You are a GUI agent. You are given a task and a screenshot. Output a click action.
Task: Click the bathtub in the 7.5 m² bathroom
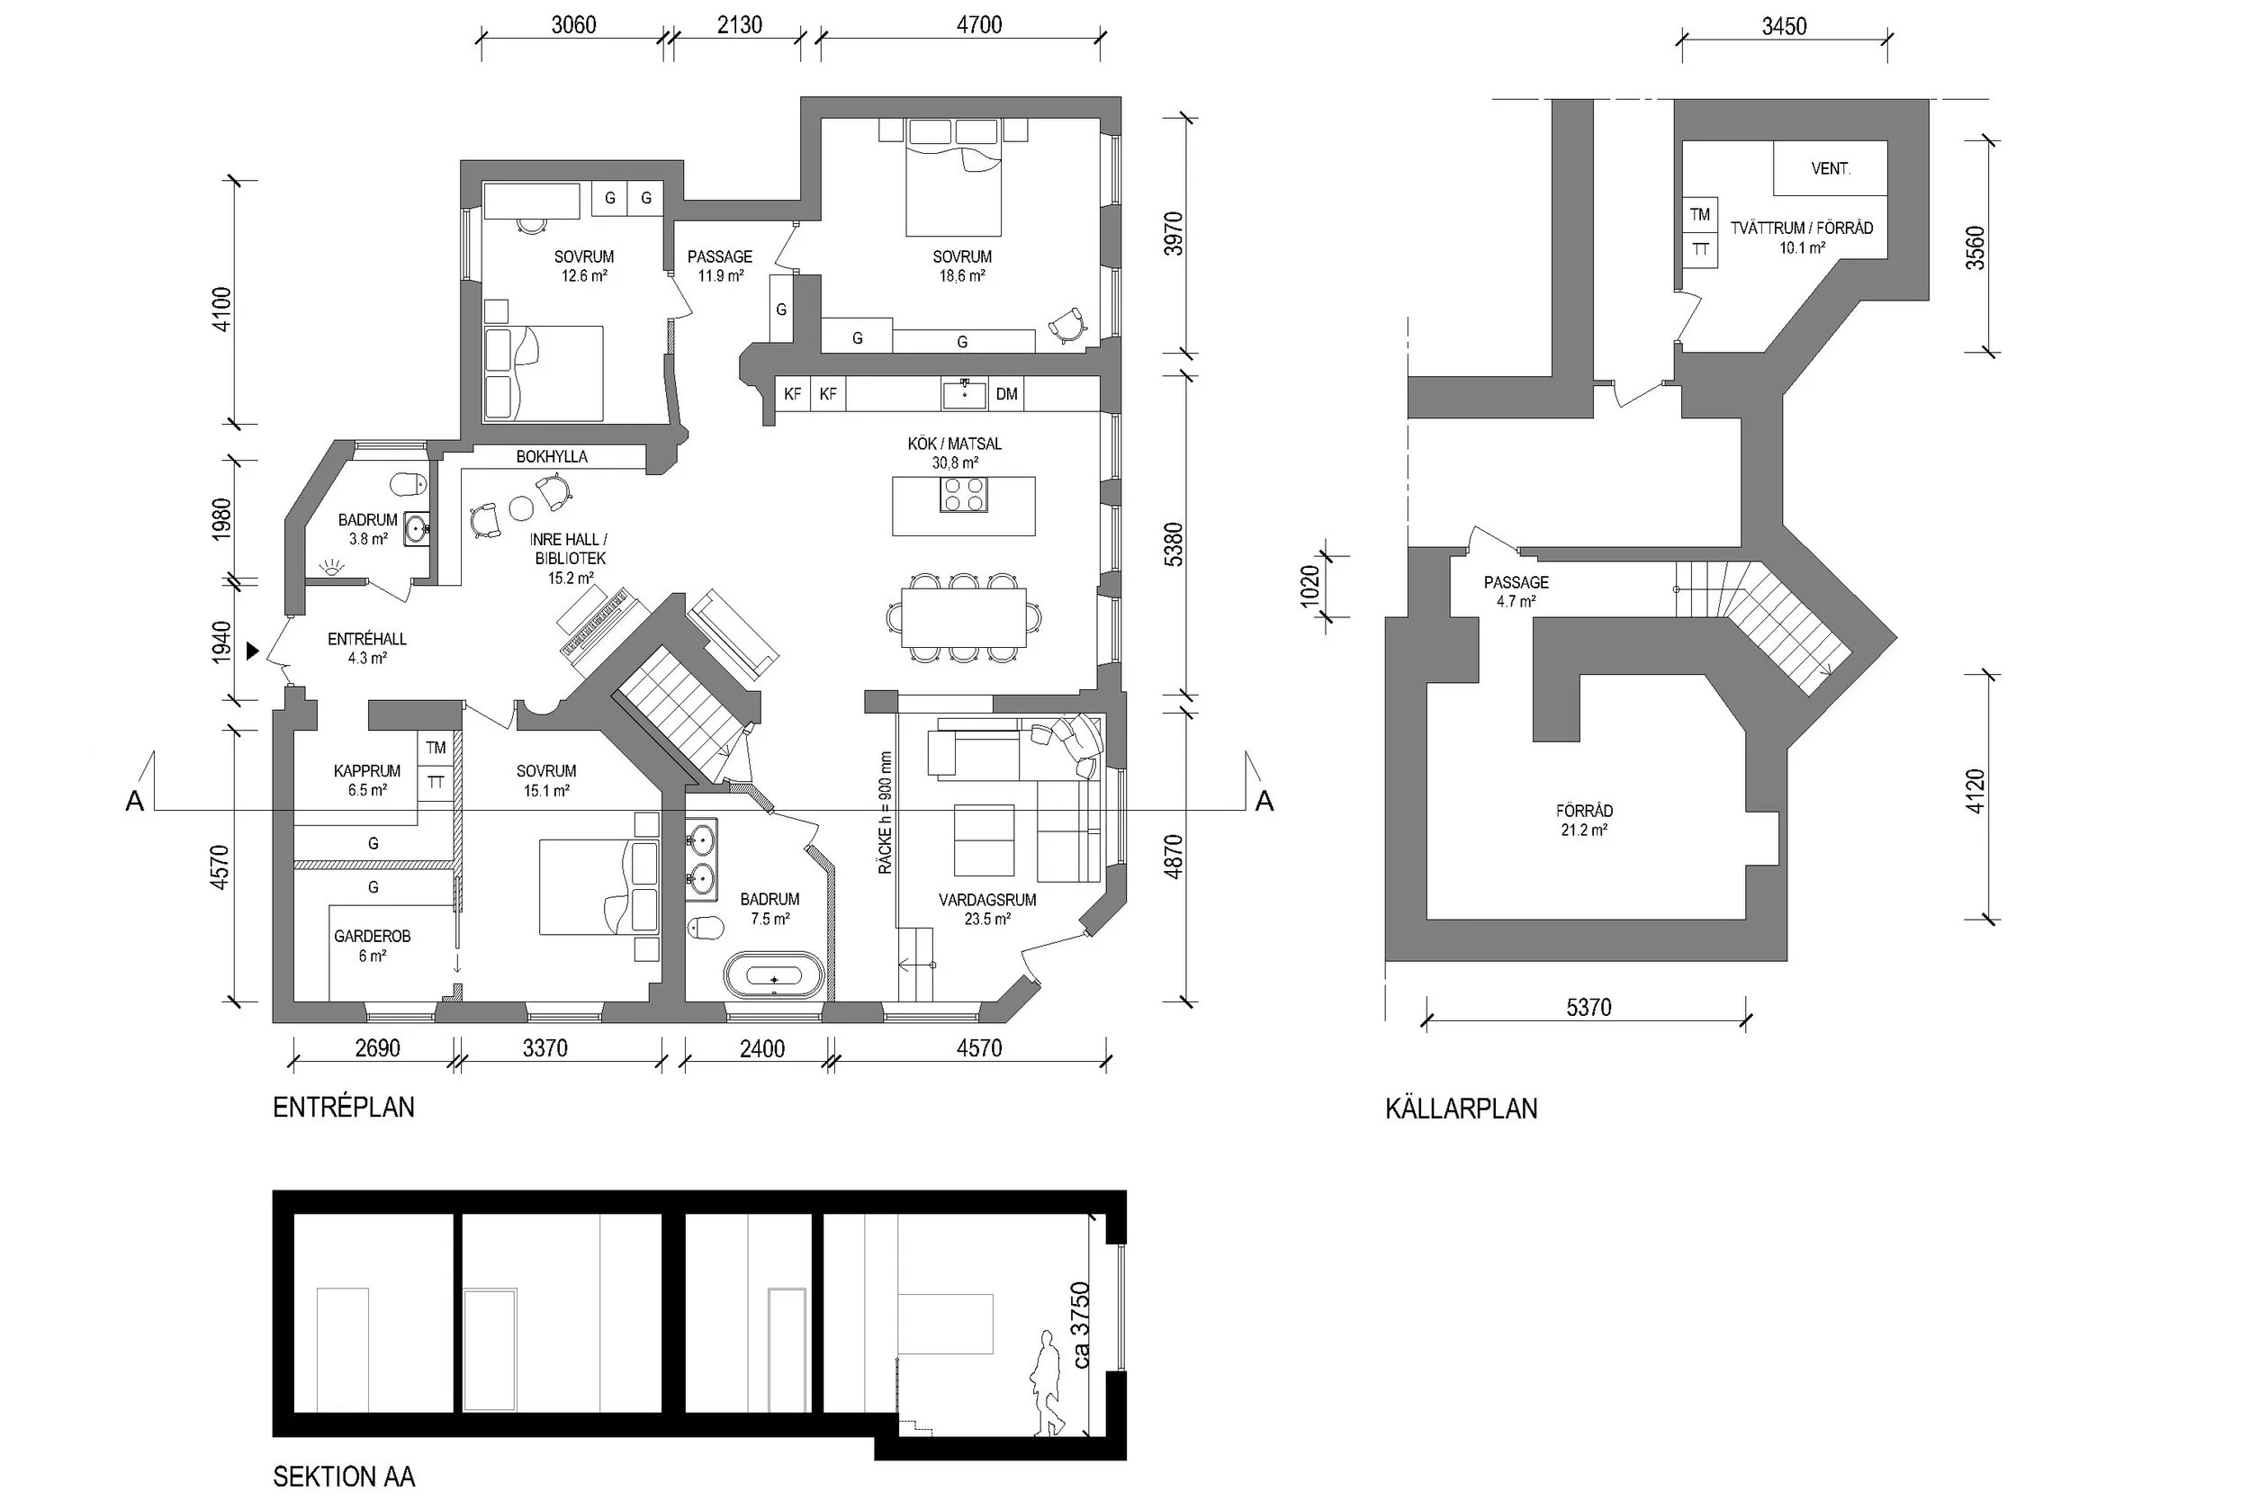[x=773, y=975]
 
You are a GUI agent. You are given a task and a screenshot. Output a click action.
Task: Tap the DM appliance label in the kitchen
[x=1006, y=394]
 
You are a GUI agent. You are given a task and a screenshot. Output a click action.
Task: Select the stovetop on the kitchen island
[x=963, y=495]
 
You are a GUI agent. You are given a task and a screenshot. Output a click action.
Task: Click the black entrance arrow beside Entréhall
[x=253, y=651]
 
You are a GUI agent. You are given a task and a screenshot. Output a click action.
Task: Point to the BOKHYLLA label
[x=552, y=457]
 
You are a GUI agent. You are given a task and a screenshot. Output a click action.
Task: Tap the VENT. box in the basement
[x=1830, y=168]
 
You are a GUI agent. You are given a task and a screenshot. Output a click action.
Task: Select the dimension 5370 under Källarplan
[x=1588, y=1007]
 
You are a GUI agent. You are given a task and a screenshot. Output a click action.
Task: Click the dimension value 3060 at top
[x=573, y=25]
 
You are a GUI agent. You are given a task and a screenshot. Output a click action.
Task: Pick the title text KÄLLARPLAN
[x=1461, y=1109]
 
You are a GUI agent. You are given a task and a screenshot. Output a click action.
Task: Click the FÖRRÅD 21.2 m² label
[x=1584, y=821]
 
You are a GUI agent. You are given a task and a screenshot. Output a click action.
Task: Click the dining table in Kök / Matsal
[x=963, y=618]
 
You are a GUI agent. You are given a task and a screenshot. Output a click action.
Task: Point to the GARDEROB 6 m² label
[x=372, y=945]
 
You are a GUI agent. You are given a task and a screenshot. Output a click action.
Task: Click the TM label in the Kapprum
[x=436, y=748]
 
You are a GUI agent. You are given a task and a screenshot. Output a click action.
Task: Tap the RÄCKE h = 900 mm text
[x=885, y=813]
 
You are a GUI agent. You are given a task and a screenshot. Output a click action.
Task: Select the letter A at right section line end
[x=1264, y=802]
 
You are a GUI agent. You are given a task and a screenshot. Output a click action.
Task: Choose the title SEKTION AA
[x=344, y=1476]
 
